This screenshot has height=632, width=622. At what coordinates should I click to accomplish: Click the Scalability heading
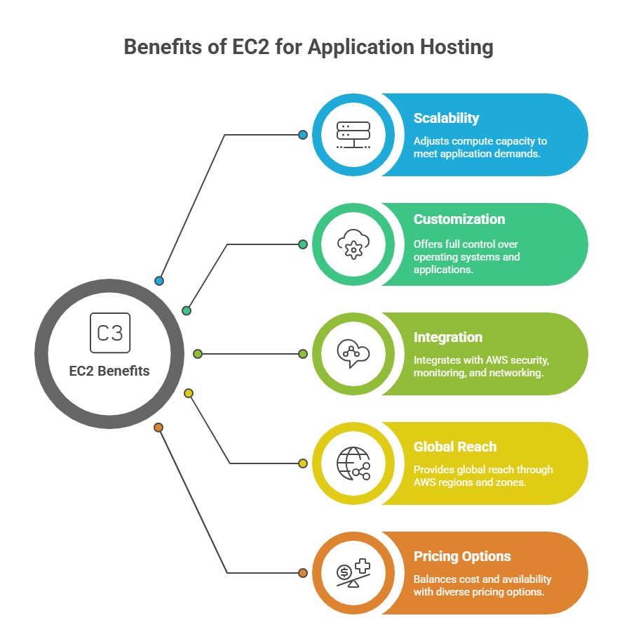click(x=446, y=118)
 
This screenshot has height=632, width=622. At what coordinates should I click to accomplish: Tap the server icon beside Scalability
click(x=353, y=134)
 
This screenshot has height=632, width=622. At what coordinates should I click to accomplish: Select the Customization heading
click(x=459, y=219)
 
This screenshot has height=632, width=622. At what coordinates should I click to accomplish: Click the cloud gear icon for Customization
click(x=353, y=244)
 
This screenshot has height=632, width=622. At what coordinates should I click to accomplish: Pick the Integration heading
click(x=447, y=337)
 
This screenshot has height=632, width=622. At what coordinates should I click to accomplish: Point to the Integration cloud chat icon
click(x=353, y=353)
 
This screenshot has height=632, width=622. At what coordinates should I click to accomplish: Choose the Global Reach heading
click(x=454, y=447)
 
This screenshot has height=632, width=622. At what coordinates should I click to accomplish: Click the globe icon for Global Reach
click(x=353, y=463)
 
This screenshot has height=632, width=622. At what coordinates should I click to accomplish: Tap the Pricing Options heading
click(x=462, y=556)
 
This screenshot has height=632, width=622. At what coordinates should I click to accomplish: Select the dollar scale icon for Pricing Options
click(x=353, y=573)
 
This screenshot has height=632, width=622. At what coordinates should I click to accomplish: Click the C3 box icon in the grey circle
click(x=110, y=332)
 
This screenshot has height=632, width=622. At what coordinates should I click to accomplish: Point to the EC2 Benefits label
click(x=109, y=371)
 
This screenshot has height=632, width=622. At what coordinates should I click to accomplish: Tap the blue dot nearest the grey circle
click(x=159, y=281)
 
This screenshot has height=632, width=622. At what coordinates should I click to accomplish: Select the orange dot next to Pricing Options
click(x=303, y=573)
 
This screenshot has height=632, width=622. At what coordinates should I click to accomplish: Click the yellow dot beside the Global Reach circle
click(x=303, y=463)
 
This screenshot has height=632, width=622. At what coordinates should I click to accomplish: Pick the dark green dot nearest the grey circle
click(x=187, y=310)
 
